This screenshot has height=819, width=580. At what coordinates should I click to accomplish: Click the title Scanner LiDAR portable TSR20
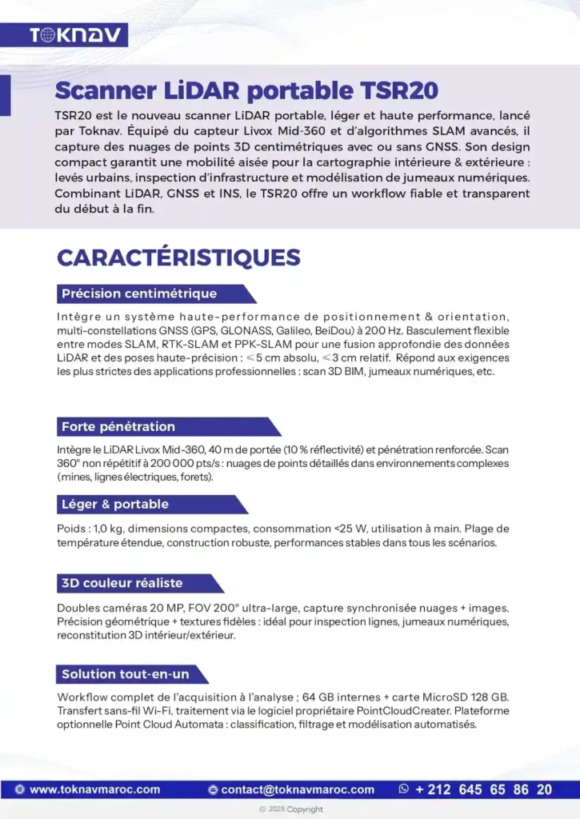click(246, 89)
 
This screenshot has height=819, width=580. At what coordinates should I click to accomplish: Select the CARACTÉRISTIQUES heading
click(178, 258)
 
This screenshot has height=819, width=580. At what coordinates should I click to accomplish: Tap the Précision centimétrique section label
click(139, 294)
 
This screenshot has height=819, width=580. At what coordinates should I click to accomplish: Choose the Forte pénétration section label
click(118, 426)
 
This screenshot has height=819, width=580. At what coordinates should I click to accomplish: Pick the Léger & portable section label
click(115, 504)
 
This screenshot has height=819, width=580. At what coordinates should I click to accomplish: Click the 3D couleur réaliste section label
click(122, 583)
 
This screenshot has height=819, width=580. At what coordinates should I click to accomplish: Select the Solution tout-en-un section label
click(125, 674)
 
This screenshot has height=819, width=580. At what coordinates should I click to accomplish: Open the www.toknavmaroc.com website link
click(94, 789)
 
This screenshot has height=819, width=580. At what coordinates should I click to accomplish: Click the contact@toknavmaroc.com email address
click(298, 789)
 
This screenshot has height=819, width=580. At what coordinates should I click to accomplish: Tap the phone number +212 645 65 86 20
click(483, 789)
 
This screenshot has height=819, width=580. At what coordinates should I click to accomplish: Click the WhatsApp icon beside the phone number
click(404, 789)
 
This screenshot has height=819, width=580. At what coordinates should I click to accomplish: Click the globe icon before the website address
click(20, 789)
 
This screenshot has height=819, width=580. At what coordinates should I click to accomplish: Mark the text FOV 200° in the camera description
click(193, 609)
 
